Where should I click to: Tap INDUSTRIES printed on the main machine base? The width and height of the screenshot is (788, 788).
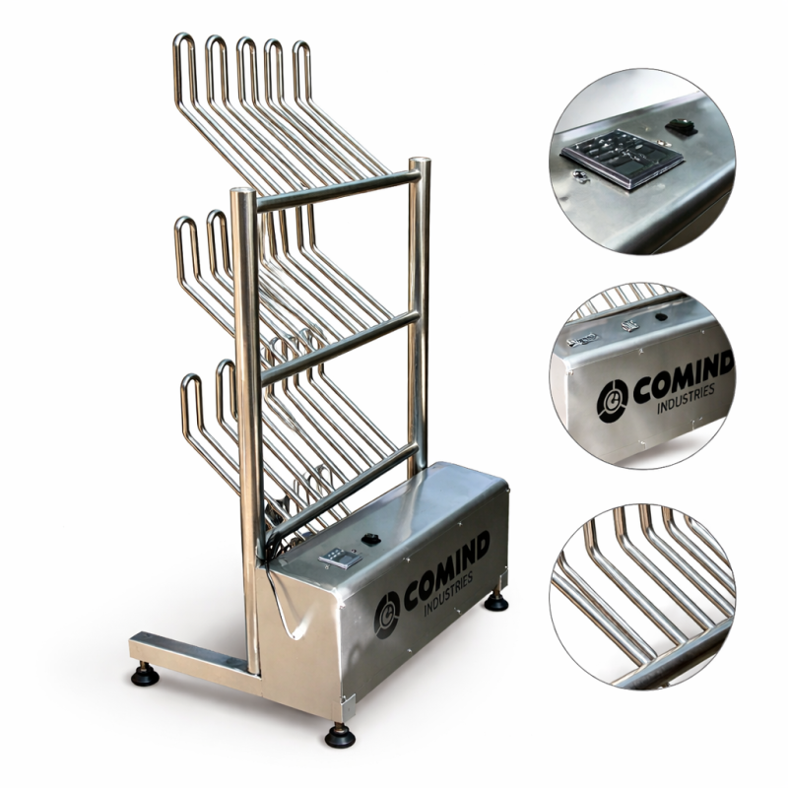click(x=448, y=595)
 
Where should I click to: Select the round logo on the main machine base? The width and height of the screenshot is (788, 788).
click(x=387, y=614)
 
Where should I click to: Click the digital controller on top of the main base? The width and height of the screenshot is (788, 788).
click(x=340, y=558)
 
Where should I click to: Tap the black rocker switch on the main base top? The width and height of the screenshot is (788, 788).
click(x=371, y=540)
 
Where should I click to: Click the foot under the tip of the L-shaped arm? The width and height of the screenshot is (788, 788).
click(x=145, y=675)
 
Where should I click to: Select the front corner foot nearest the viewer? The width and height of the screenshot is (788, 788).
click(x=340, y=735)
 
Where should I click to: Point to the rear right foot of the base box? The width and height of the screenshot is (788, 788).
click(x=496, y=601)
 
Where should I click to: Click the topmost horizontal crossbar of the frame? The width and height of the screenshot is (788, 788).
click(x=338, y=190)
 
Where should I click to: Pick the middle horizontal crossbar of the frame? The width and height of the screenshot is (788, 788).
click(x=340, y=347)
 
